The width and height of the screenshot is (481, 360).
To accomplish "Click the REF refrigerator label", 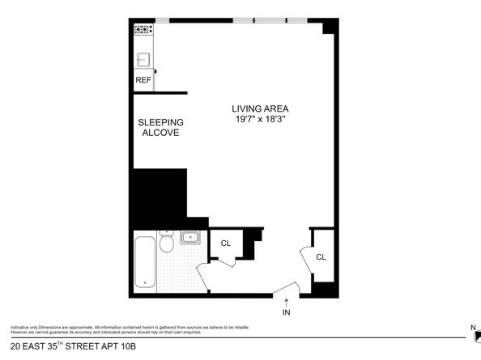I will [143, 80].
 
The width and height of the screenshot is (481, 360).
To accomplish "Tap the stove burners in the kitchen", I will [143, 31].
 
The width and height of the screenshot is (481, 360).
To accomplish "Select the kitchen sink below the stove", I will [143, 58].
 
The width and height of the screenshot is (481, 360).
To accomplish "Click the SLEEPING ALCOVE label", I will [160, 127].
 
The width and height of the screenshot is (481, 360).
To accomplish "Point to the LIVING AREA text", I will [260, 109].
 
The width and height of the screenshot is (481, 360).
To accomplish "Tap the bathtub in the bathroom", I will [146, 261].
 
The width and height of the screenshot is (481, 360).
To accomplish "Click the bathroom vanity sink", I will [192, 238].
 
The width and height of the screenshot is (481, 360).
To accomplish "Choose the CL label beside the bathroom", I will [226, 243].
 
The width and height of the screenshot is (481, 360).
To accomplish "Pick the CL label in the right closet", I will [321, 257].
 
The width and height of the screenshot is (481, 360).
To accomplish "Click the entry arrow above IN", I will [286, 301].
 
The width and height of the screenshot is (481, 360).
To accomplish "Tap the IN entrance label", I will [286, 312].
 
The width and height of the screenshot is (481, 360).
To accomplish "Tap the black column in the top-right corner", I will [328, 27].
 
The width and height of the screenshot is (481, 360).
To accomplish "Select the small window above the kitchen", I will [163, 19].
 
